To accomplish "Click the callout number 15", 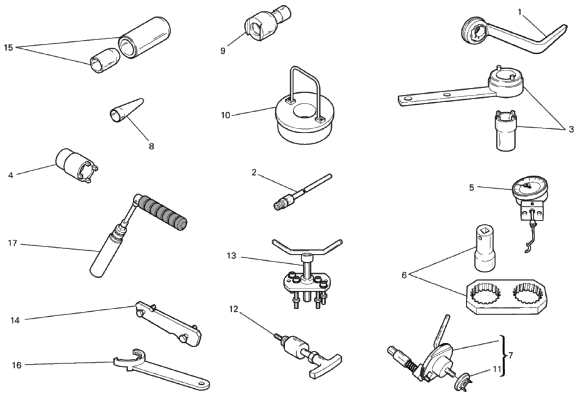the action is (8, 48).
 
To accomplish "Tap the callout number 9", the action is (223, 50).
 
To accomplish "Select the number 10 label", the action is (225, 115).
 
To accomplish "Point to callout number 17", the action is (12, 243).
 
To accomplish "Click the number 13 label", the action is (232, 256).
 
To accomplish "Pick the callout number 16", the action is (17, 365).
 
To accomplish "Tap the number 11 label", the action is (497, 369).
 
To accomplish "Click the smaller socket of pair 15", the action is (105, 60).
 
